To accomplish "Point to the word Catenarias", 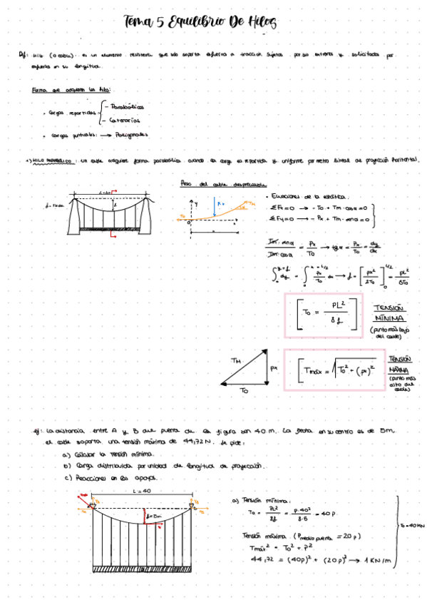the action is (x=125, y=121).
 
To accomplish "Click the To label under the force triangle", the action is (x=245, y=392).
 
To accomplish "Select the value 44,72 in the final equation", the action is (x=254, y=561).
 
